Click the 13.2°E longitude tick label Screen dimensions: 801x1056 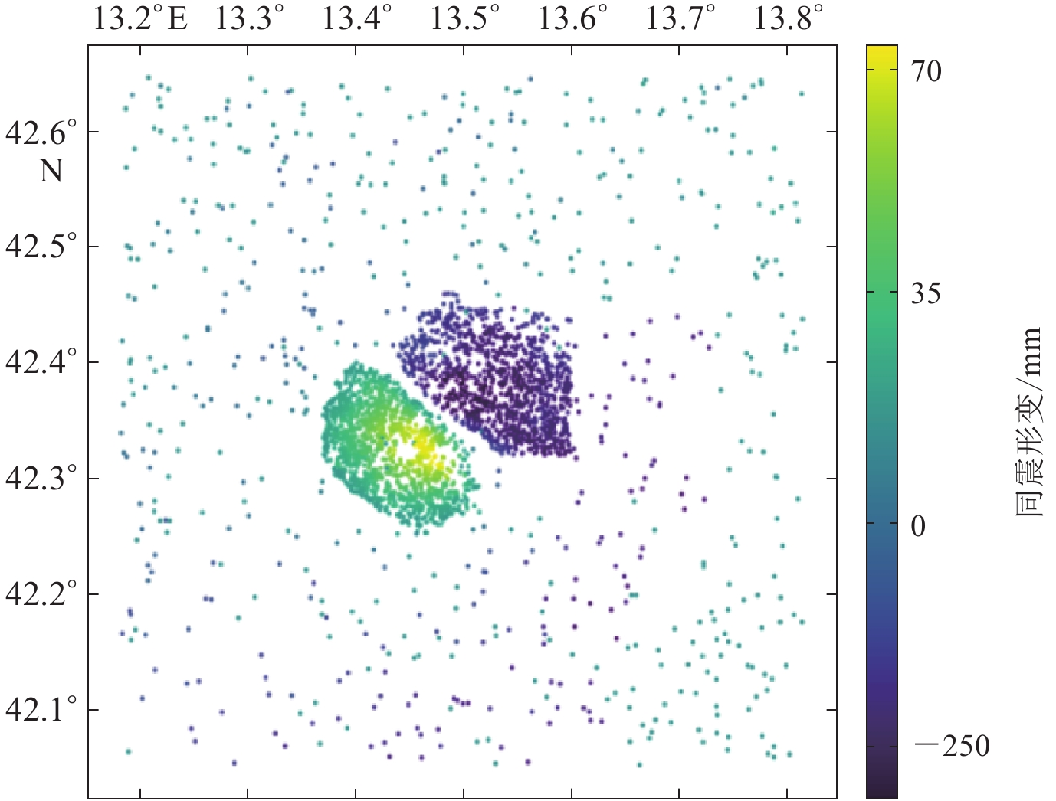140,18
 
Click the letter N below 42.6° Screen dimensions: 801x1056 51,170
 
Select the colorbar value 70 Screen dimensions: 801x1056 926,71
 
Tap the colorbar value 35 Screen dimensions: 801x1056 926,293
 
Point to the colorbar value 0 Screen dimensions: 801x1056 918,526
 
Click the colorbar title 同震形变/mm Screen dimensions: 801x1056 1029,421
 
